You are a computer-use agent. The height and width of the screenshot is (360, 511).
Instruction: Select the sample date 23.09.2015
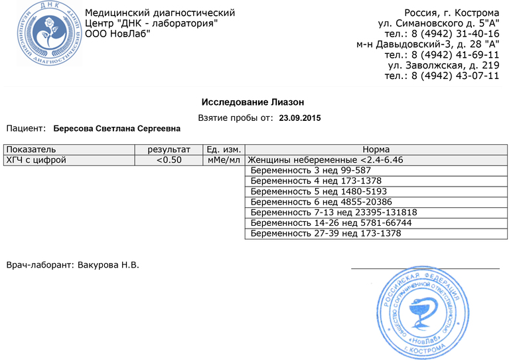pyautogui.click(x=300, y=118)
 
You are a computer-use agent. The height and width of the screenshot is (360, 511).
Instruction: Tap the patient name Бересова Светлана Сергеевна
pyautogui.click(x=117, y=127)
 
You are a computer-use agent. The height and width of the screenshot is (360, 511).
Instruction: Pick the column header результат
pyautogui.click(x=169, y=149)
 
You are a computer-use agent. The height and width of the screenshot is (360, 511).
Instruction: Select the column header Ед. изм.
pyautogui.click(x=224, y=149)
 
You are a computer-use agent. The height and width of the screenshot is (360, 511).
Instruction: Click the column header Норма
pyautogui.click(x=376, y=149)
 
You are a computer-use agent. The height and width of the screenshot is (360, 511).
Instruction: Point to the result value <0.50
pyautogui.click(x=169, y=160)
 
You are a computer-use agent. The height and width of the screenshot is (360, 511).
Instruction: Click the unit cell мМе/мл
pyautogui.click(x=224, y=160)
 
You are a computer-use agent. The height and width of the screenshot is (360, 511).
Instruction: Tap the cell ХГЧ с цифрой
pyautogui.click(x=36, y=160)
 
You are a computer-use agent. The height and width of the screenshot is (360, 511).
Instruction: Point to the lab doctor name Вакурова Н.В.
pyautogui.click(x=108, y=265)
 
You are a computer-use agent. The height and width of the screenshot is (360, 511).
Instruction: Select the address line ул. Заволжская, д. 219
pyautogui.click(x=443, y=65)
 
